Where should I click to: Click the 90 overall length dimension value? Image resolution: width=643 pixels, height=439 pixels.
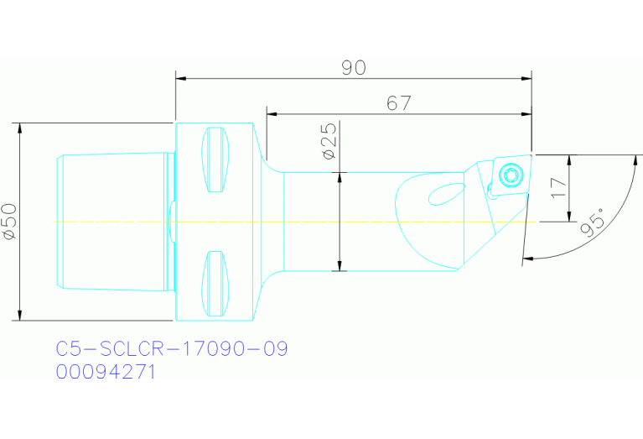pos(354,68)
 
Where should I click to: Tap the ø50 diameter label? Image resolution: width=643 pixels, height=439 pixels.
pos(9,222)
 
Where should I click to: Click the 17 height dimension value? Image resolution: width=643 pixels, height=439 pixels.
pos(558,187)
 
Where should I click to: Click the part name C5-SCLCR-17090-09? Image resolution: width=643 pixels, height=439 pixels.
pos(172,348)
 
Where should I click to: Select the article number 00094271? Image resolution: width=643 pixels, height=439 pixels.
pos(106,372)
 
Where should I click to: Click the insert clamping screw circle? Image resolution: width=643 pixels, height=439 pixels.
pos(509,175)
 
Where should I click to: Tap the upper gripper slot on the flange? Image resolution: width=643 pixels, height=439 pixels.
pos(215,159)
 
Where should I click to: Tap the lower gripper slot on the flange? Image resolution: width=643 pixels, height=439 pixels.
pos(215,285)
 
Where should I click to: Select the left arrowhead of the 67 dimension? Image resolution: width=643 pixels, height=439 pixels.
pos(272,113)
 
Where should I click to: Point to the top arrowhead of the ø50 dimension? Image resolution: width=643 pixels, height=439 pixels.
pos(18,128)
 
